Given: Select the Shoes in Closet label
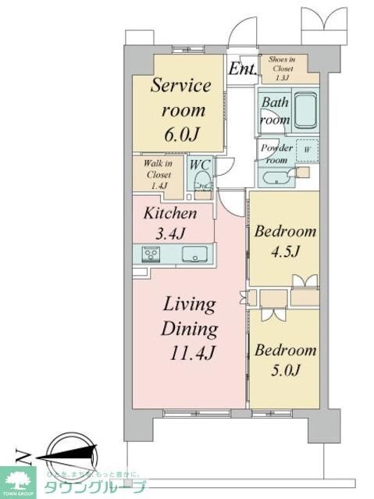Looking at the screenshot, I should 281,67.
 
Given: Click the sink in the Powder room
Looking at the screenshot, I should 276,178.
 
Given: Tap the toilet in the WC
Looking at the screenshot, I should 201,182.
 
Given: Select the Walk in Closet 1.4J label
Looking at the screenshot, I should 159,174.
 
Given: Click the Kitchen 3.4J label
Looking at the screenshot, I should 169,222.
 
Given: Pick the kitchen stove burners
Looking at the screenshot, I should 151,254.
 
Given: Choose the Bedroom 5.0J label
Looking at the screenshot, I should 285,359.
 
